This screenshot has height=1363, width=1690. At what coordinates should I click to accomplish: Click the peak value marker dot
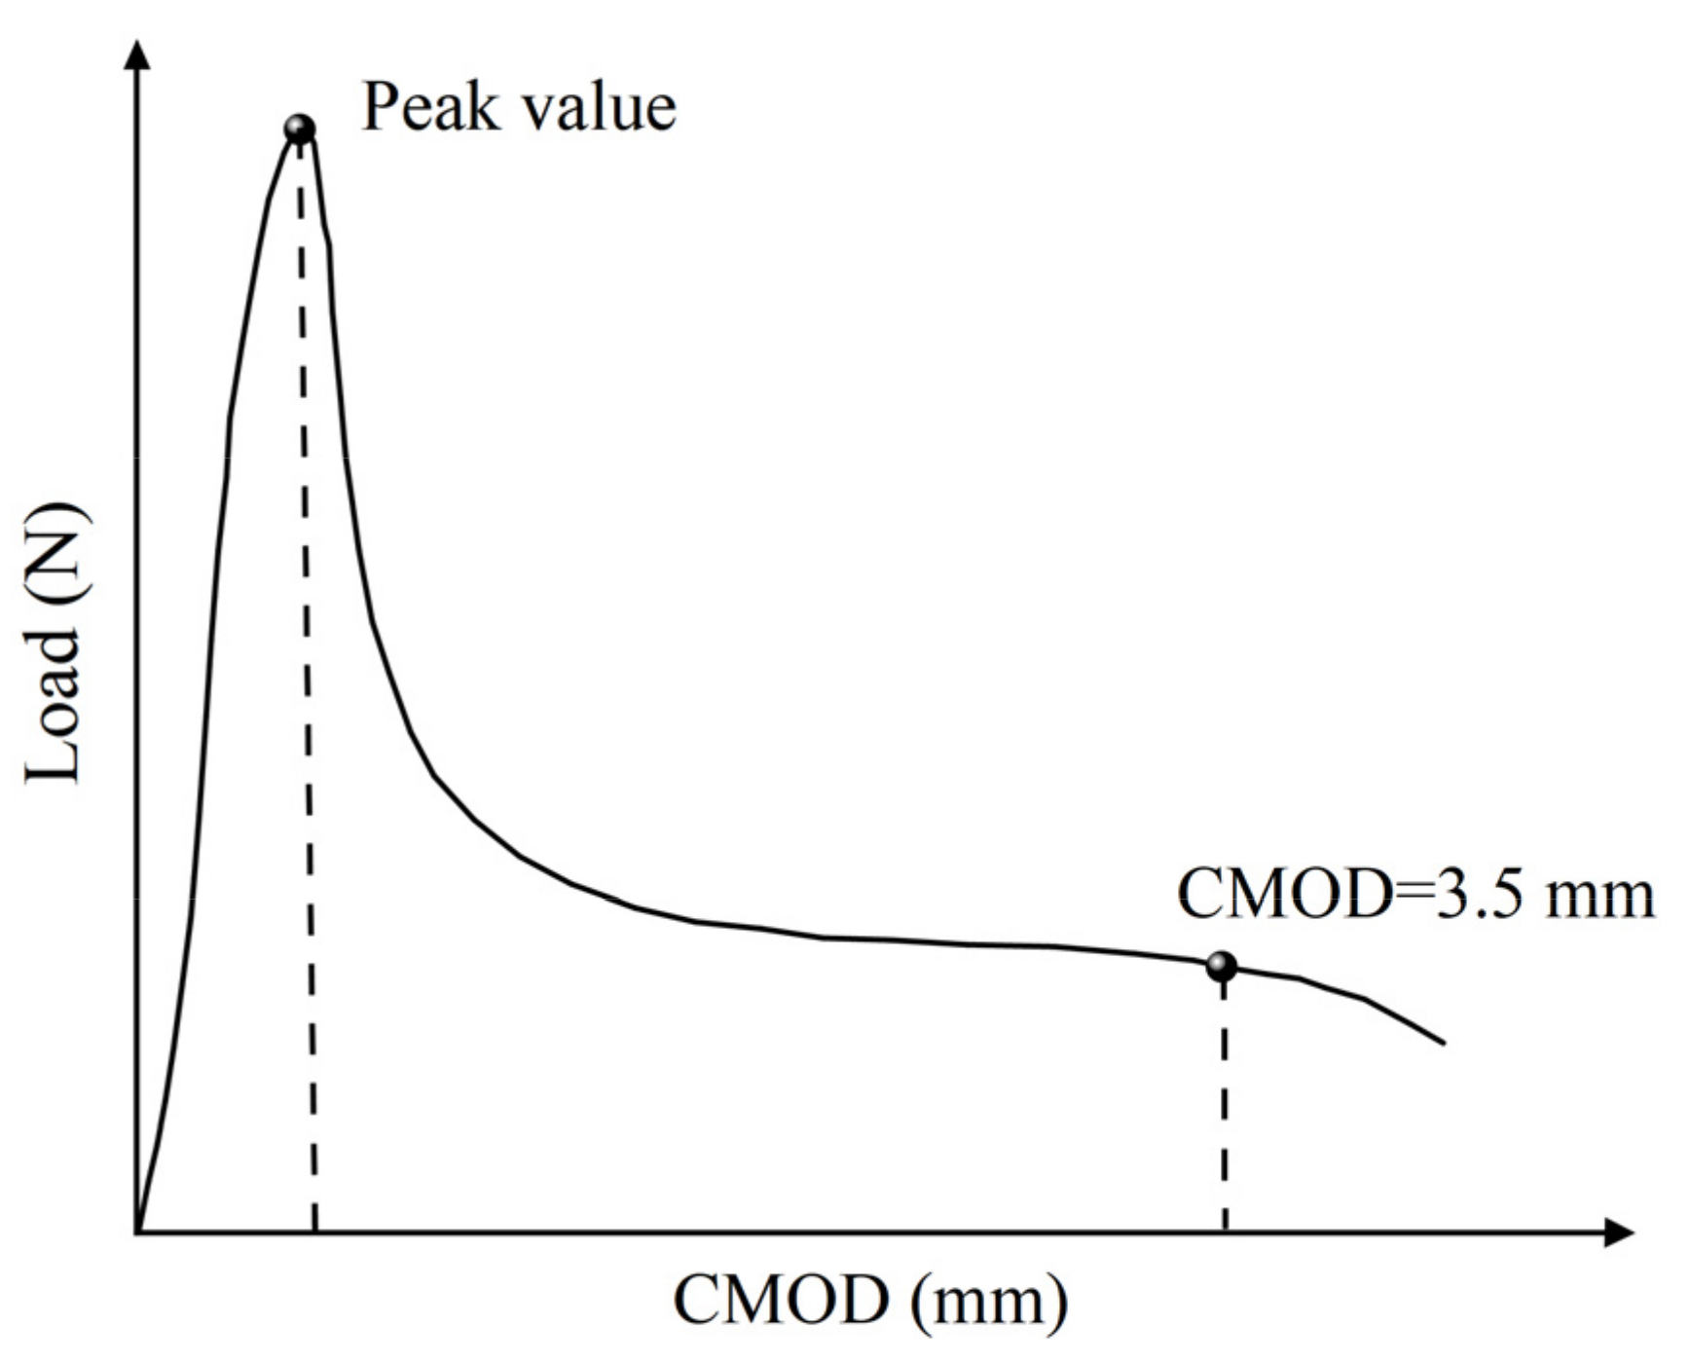coord(300,129)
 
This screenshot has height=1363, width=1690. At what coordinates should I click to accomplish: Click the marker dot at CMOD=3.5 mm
coord(1221,967)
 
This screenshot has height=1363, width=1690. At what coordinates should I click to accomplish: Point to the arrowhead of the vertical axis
coord(140,54)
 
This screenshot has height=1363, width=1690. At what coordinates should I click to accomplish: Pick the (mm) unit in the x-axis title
coord(990,1301)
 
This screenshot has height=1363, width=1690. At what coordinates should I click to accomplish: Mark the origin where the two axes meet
coord(139,1233)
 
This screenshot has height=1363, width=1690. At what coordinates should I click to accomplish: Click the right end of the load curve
coord(1443,1044)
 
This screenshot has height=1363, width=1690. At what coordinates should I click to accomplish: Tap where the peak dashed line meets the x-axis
coord(314,1232)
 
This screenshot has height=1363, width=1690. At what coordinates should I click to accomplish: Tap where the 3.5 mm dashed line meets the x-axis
coord(1225,1232)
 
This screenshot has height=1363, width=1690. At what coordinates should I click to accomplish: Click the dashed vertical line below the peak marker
coord(307,681)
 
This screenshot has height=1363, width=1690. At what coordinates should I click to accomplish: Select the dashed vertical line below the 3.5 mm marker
coord(1224,1100)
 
